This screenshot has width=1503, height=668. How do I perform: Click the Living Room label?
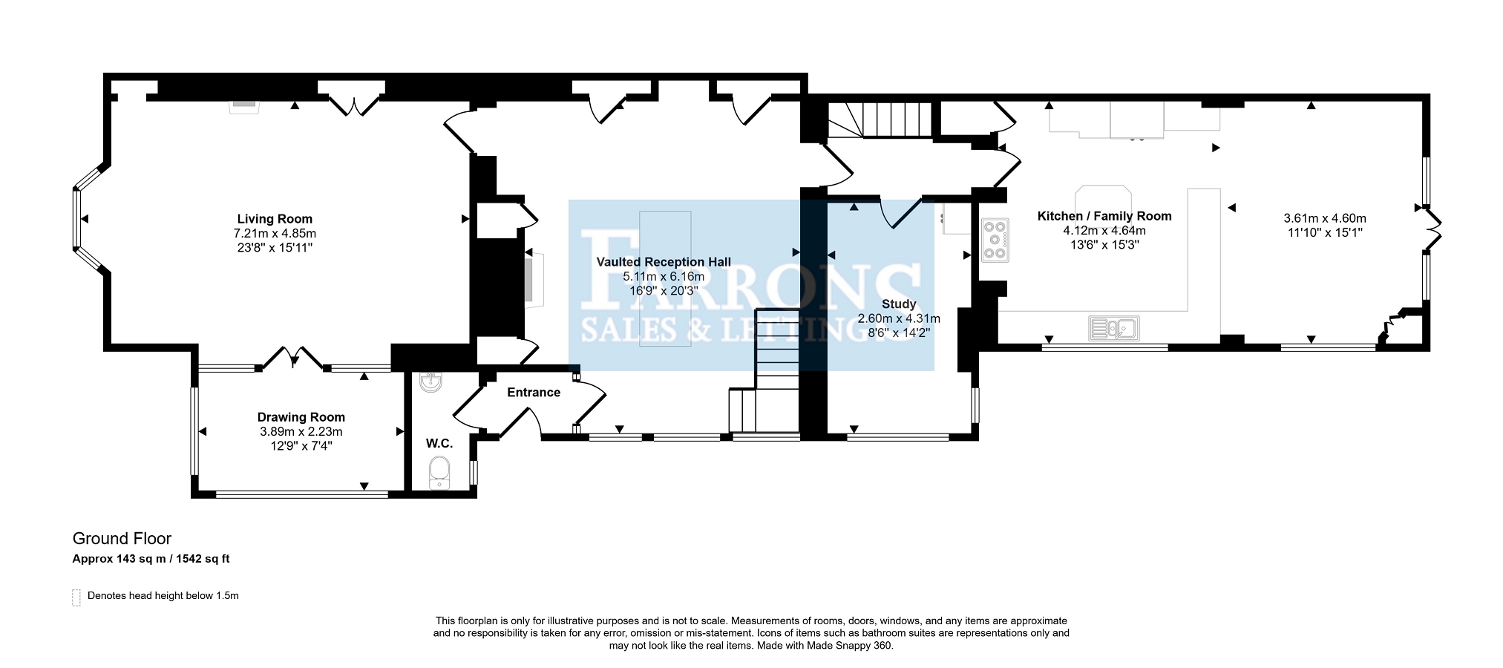(x=275, y=219)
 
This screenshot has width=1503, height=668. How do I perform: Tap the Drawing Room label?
(x=301, y=417)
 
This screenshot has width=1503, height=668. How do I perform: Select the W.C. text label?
(x=439, y=443)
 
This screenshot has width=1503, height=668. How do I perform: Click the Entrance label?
(x=534, y=392)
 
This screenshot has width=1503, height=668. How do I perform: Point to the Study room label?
(x=899, y=304)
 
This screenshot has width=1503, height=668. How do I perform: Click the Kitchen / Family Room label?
(x=1104, y=216)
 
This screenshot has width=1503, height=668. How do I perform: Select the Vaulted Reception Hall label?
(x=664, y=262)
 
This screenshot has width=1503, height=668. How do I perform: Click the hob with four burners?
(x=995, y=240)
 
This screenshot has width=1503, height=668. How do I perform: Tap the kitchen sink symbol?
(x=1113, y=327)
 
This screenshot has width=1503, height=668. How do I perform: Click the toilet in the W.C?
(x=439, y=474)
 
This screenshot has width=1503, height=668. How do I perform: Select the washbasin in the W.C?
(x=430, y=382)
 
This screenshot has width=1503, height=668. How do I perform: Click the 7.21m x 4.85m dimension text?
(x=275, y=233)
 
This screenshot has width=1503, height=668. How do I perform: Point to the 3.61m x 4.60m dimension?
(x=1325, y=218)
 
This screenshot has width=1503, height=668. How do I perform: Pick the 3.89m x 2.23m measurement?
(x=301, y=431)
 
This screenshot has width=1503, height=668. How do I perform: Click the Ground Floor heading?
(x=122, y=539)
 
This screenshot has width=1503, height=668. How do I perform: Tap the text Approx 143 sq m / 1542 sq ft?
(x=151, y=559)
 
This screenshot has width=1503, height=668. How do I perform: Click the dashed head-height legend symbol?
(x=76, y=597)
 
